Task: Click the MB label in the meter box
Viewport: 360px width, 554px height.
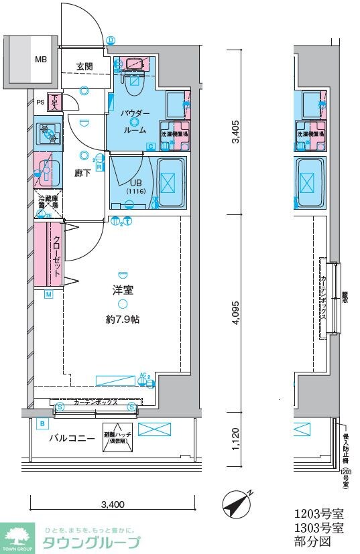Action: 42,60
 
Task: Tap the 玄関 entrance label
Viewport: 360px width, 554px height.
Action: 84,66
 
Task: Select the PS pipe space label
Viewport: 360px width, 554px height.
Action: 40,102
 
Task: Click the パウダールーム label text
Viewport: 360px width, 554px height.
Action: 135,122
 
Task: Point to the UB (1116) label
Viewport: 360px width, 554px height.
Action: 135,186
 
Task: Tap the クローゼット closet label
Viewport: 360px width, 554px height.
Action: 58,257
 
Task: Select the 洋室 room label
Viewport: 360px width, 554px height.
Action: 122,290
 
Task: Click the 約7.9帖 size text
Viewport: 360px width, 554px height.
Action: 122,320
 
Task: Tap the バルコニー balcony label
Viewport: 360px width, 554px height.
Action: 70,439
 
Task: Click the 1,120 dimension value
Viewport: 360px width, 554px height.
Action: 235,438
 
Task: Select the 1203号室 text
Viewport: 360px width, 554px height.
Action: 319,514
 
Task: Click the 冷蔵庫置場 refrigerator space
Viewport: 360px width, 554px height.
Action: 48,204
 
